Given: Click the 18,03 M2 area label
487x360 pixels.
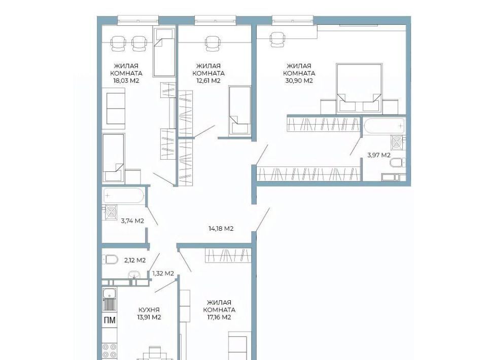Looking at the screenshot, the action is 126,81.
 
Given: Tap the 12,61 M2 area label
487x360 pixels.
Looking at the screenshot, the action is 208,81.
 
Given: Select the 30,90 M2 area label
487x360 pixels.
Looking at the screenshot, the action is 299,81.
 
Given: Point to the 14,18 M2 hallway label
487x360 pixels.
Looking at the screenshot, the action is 221,229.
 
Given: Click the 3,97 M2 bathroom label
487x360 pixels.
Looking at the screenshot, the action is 379,155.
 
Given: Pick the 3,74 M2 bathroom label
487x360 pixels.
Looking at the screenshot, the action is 132,221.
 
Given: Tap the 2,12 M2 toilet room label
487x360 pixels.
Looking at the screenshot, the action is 135,261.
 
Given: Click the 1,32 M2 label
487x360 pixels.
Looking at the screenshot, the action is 163,273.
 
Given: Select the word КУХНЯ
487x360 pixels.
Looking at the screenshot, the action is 149,310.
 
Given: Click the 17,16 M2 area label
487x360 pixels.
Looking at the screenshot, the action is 219,317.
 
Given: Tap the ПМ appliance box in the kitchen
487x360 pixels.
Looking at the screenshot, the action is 110,320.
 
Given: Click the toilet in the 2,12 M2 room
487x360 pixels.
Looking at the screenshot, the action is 111,259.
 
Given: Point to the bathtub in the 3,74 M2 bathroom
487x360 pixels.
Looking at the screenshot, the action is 124,196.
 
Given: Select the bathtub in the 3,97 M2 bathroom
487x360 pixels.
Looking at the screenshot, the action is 384,126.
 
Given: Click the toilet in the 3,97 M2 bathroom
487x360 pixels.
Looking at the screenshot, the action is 398,163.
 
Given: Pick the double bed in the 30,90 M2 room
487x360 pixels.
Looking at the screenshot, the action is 359,88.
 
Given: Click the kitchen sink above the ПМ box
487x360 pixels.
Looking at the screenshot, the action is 110,299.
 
